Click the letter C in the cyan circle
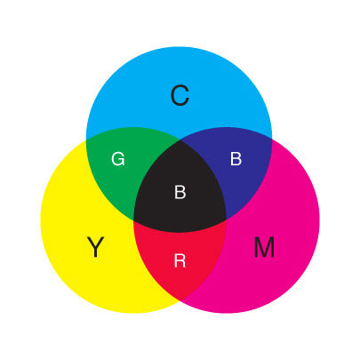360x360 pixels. tap(180, 95)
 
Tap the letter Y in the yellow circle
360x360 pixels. tap(95, 247)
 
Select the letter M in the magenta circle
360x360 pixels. tap(264, 247)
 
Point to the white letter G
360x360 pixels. tap(118, 158)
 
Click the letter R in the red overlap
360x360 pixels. tap(180, 260)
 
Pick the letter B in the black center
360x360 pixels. tap(180, 192)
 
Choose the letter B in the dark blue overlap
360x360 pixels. tap(236, 158)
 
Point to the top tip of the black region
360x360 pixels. tap(180, 139)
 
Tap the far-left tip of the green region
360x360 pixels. tap(86, 140)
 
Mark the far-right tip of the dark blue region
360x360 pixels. tap(272, 139)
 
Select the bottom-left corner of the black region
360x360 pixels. tap(133, 220)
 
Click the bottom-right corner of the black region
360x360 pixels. tap(227, 220)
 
